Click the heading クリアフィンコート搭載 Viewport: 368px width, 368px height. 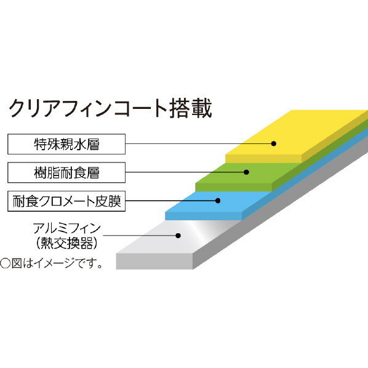click(110, 109)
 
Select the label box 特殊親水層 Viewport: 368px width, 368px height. click(66, 144)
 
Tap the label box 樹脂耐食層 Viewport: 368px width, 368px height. click(66, 172)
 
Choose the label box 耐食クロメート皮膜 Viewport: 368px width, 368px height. click(66, 201)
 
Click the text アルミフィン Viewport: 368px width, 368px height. click(67, 228)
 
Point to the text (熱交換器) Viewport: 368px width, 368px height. click(67, 243)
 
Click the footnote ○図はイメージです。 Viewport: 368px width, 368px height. click(51, 263)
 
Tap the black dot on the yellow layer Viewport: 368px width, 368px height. click(274, 143)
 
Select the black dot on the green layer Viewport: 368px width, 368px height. click(246, 172)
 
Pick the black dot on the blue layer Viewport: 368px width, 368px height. click(218, 201)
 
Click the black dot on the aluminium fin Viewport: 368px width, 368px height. click(178, 236)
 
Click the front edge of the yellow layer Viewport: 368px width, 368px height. click(263, 159)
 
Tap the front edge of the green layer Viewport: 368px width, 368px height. click(233, 187)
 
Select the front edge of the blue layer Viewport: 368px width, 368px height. click(204, 216)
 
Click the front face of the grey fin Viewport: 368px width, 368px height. click(154, 261)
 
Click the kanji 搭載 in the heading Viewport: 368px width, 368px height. click(191, 109)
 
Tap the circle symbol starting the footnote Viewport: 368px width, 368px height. click(5, 263)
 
